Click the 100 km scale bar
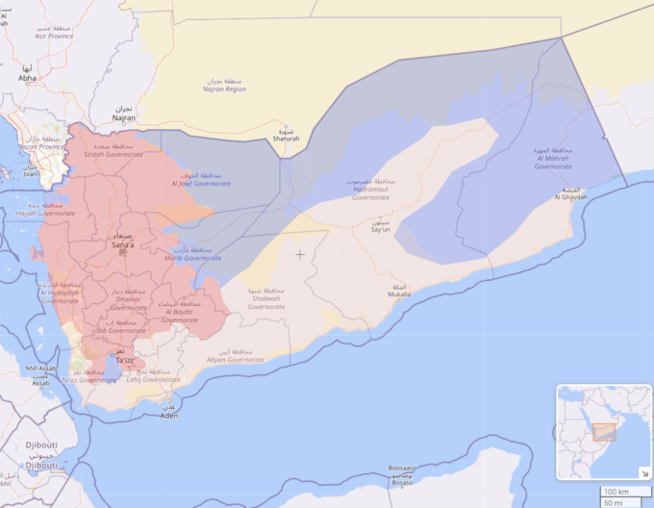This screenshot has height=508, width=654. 616,492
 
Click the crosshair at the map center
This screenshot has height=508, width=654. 300,254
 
